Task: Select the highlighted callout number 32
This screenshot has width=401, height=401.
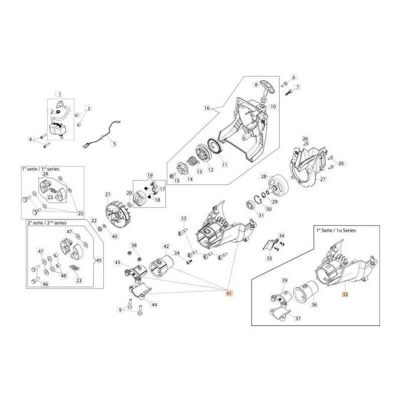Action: click(344, 295)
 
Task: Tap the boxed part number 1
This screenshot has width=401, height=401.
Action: click(59, 94)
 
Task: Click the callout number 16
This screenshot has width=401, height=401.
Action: click(206, 108)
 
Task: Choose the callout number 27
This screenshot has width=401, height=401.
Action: click(323, 179)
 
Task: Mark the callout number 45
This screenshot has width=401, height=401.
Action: click(99, 260)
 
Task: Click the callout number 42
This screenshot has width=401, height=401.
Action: click(166, 247)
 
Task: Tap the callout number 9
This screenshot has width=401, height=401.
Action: click(120, 310)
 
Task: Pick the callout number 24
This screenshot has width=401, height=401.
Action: click(45, 174)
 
